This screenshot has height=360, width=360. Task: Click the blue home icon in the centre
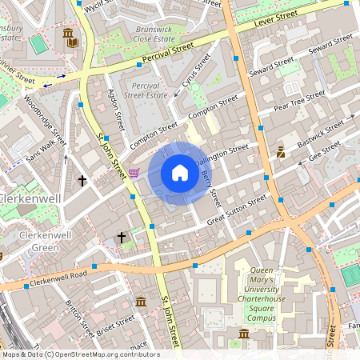pyautogui.click(x=180, y=173)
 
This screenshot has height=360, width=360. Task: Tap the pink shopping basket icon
pyautogui.click(x=134, y=173)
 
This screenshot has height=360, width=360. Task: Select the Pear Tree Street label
pyautogui.click(x=299, y=99)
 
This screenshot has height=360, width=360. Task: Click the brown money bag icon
pyautogui.click(x=281, y=151)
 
